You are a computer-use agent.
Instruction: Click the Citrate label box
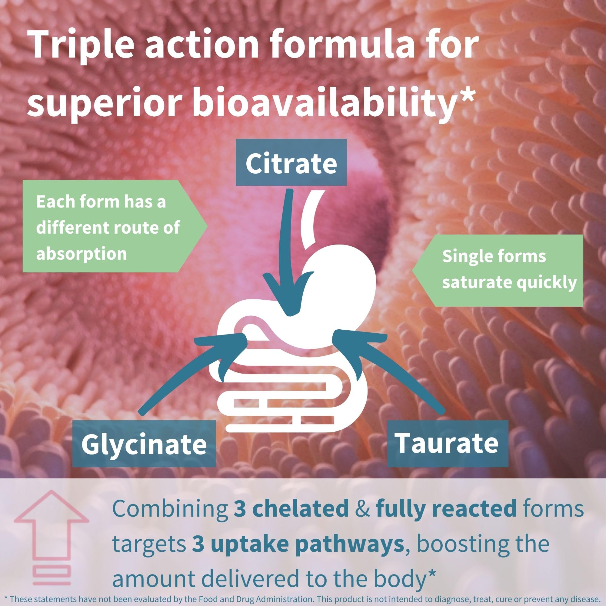click(x=291, y=162)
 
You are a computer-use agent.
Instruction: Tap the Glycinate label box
click(x=144, y=444)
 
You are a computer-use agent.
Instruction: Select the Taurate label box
click(x=448, y=443)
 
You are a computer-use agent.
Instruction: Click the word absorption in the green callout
click(x=82, y=253)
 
